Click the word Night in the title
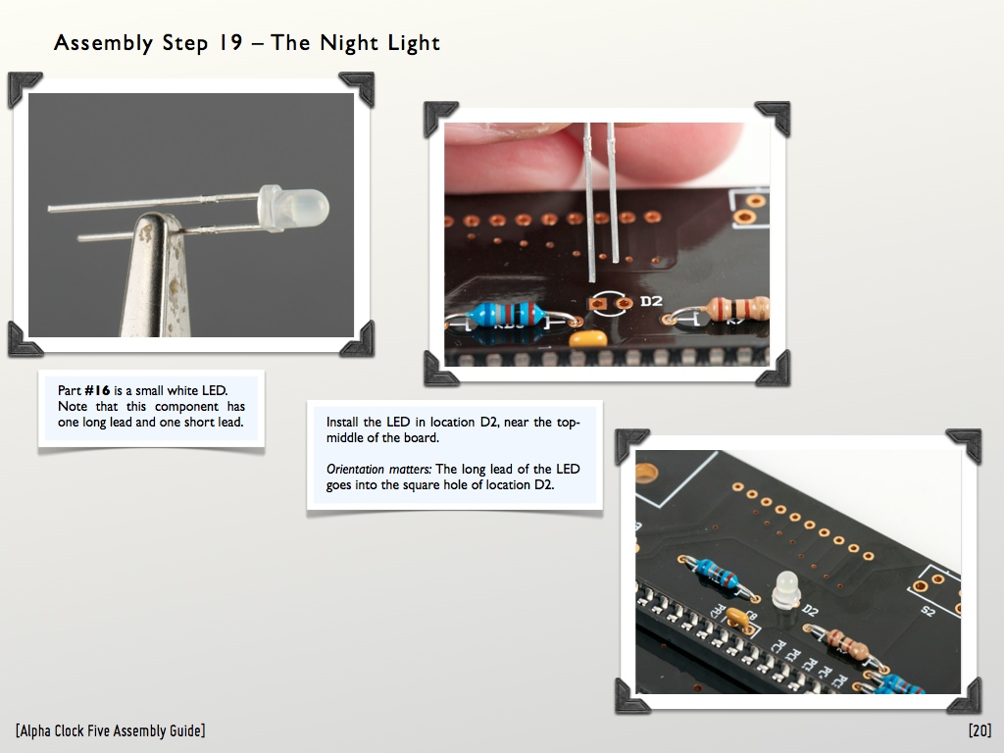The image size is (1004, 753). coord(348,43)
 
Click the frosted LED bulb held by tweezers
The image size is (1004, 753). coord(293,208)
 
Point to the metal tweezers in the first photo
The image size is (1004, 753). coord(157,276)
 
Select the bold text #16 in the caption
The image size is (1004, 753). coord(97,390)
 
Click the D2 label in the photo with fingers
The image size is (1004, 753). coord(651,301)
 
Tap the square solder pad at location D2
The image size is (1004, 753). coord(598,304)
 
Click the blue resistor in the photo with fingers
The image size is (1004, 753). coord(507,315)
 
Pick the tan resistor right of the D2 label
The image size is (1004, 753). coord(736,308)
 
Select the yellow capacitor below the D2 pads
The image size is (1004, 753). coord(588,338)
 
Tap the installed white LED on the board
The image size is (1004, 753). coord(786,589)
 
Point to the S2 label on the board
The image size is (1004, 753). coord(928,611)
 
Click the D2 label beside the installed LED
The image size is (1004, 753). coord(810,610)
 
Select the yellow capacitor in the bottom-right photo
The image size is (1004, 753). coord(738,617)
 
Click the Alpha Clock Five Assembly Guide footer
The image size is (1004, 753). coord(110,730)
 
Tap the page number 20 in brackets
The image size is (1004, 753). coord(979,730)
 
